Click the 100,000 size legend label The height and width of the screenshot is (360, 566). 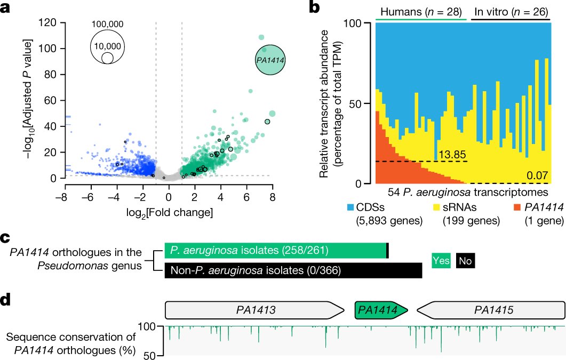(x=107, y=25)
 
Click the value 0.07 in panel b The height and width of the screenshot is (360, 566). (x=539, y=176)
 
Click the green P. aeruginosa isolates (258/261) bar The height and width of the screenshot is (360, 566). (x=276, y=251)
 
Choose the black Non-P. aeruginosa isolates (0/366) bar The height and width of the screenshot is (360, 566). (x=293, y=270)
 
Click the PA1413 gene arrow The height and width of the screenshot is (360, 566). (x=254, y=309)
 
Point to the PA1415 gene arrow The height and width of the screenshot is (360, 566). (x=490, y=309)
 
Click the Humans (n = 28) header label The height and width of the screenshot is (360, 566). (x=421, y=11)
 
